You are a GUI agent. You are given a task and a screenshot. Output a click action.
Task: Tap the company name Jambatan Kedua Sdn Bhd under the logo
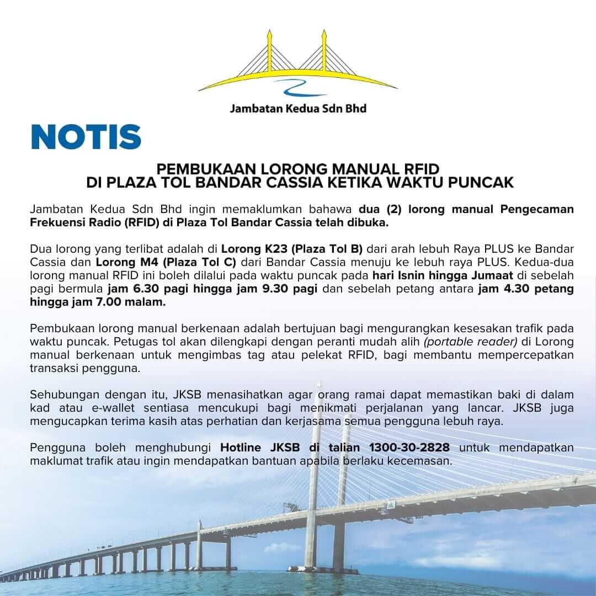(298, 108)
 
